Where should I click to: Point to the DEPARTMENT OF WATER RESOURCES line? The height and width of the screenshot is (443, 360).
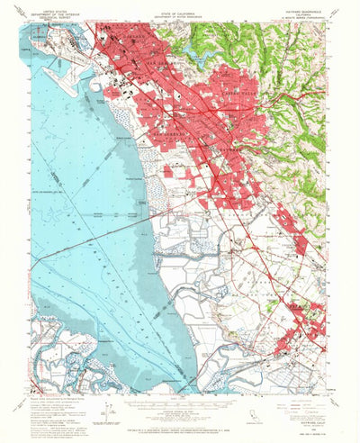pos(179,15)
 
